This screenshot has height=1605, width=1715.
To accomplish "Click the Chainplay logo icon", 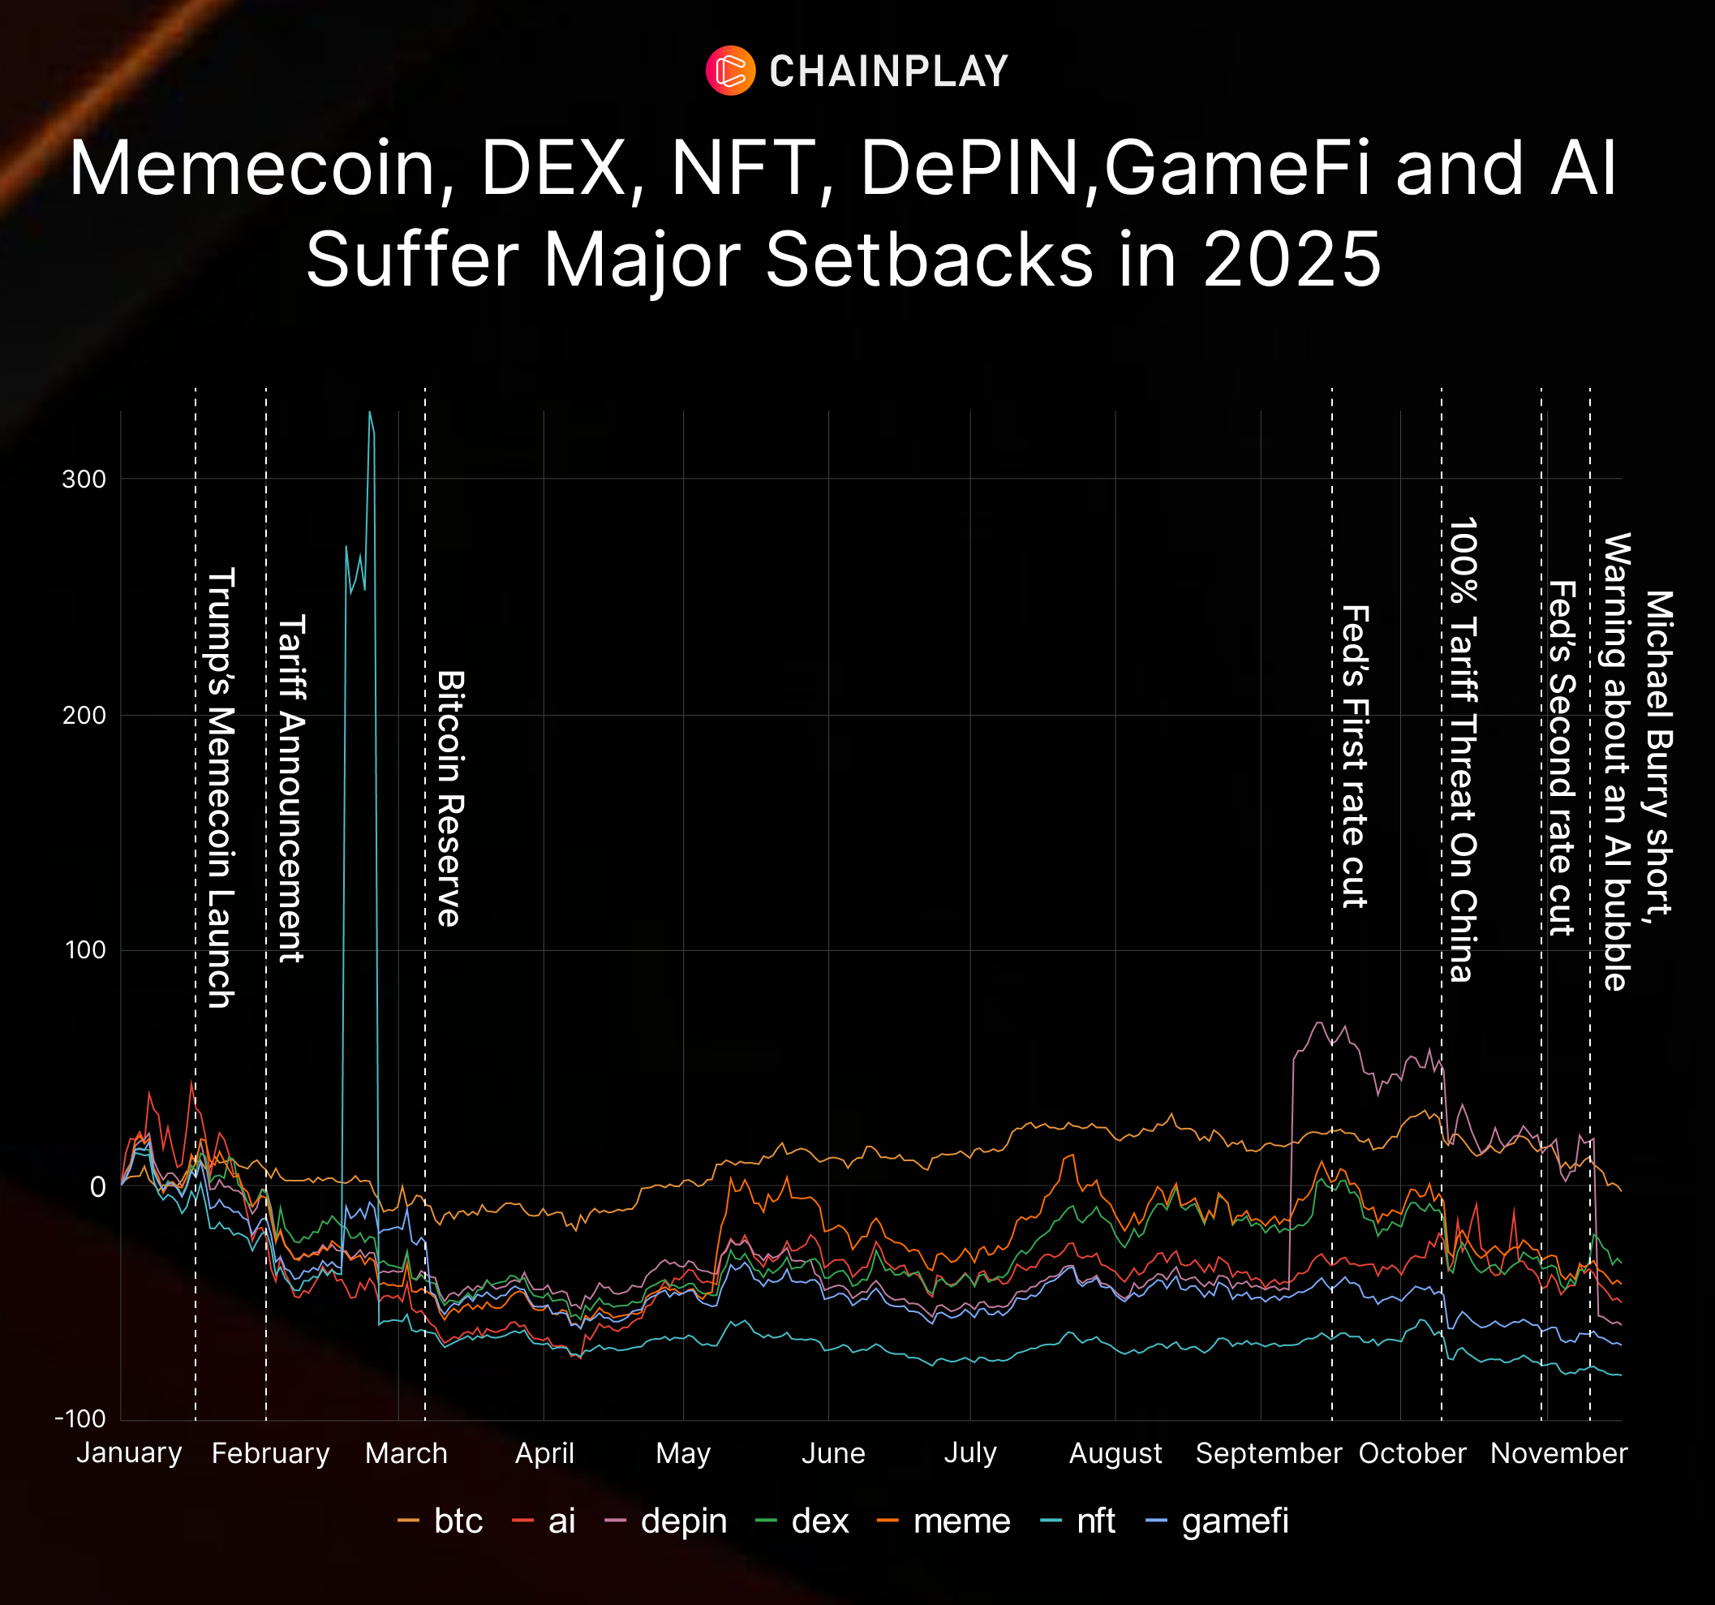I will pos(731,71).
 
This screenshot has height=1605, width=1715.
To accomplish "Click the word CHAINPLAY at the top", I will pos(888,71).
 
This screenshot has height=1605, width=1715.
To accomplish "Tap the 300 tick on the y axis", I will pos(84,480).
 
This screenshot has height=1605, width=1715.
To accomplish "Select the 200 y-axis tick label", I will pos(84,716).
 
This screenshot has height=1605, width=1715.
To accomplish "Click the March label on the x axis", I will pos(406,1454).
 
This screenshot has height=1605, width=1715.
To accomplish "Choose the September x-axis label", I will pos(1268,1454).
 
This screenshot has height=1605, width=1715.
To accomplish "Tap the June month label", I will pos(832,1454).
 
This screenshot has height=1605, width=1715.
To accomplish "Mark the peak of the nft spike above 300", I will pos(370,412).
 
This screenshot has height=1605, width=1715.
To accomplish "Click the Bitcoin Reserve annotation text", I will pos(450,798).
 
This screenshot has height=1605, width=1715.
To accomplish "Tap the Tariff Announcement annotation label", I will pos(290,788).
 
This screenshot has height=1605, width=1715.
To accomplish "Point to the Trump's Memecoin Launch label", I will pos(221,787).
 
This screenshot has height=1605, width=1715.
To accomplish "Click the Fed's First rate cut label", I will pos(1356,757).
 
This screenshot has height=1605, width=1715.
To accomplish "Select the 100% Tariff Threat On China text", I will pos(1462,749).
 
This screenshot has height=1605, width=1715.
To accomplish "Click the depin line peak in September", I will pos(1318,1023).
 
